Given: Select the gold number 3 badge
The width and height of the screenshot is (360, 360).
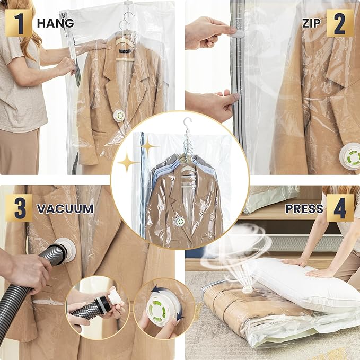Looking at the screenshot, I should (19, 208).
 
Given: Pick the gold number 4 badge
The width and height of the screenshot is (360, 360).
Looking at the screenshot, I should (340, 208).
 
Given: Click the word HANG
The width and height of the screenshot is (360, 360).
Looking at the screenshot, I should (55, 23).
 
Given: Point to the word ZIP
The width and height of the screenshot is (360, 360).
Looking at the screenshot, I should (311, 23).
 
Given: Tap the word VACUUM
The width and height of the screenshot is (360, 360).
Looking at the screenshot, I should (65, 208).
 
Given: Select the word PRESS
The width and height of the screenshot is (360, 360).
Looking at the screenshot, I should (304, 208).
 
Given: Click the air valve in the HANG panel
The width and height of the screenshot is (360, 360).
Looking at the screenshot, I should (120, 115).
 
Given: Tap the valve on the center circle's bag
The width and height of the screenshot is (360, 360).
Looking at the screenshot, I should (180, 222).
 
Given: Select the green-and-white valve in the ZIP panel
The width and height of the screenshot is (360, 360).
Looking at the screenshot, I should (350, 157).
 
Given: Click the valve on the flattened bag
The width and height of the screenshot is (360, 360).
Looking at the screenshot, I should (247, 289).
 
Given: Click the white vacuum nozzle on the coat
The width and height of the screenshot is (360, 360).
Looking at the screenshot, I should (65, 249).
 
